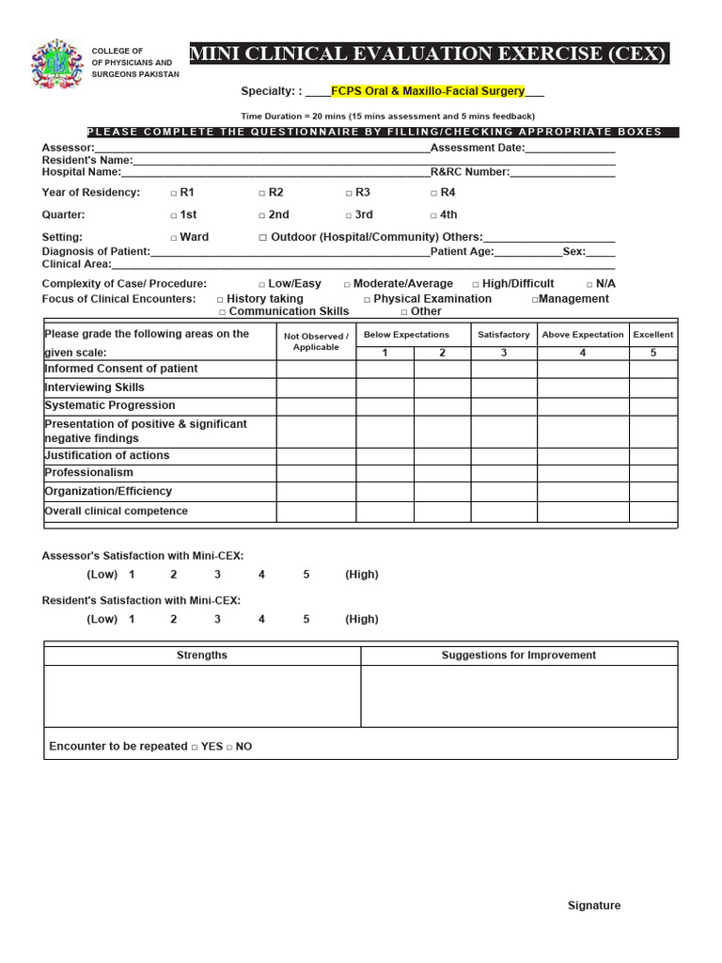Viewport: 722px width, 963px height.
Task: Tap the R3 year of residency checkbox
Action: (x=348, y=193)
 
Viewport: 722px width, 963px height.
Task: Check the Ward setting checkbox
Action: (x=173, y=238)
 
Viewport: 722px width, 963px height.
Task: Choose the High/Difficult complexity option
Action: (x=476, y=284)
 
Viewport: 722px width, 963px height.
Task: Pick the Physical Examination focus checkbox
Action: (x=368, y=300)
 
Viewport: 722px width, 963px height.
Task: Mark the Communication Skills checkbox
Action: (x=223, y=312)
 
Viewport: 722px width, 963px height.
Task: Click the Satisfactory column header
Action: (x=503, y=335)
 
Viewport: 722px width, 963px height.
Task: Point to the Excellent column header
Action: (x=652, y=335)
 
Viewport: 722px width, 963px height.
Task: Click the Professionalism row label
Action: (x=88, y=473)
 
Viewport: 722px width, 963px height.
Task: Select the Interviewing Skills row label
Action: (x=94, y=387)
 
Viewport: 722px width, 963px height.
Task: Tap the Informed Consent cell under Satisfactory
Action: (x=503, y=370)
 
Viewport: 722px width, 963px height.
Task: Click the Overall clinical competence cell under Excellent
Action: (x=652, y=512)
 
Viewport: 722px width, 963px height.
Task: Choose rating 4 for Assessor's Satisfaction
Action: (x=261, y=575)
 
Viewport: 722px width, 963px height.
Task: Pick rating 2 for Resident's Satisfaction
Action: (x=173, y=620)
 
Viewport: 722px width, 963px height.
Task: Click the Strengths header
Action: (x=202, y=655)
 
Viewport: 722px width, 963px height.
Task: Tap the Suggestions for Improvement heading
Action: (x=518, y=655)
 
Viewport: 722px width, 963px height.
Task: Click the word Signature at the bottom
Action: (x=593, y=906)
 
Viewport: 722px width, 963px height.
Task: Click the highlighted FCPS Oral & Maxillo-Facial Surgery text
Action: (x=427, y=92)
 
